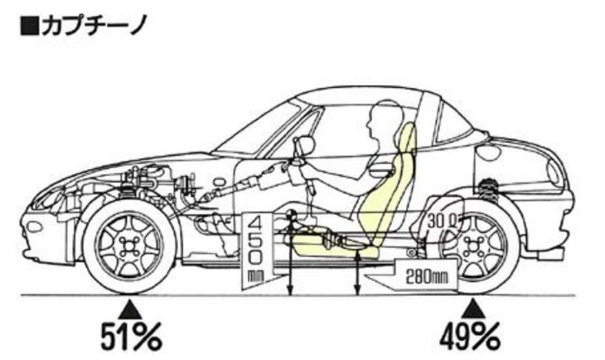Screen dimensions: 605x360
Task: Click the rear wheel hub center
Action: (472, 246)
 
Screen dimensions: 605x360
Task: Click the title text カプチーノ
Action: (93, 27)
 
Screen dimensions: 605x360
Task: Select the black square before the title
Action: (30, 27)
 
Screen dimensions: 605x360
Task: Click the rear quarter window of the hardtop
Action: (452, 122)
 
